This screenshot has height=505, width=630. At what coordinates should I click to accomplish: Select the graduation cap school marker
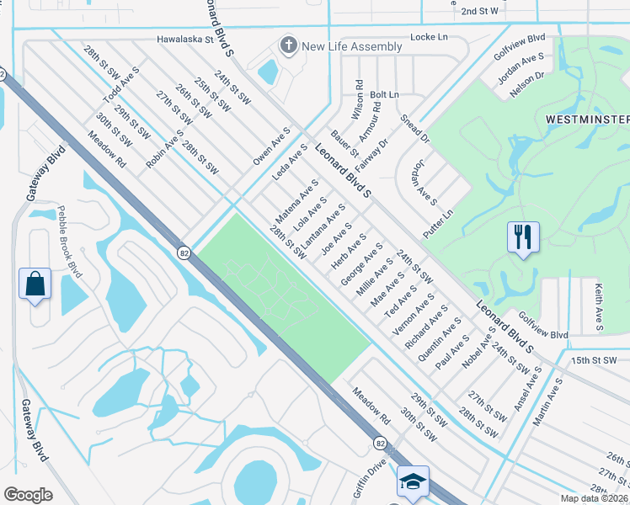[413, 481]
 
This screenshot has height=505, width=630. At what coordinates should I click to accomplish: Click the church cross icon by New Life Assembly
[289, 46]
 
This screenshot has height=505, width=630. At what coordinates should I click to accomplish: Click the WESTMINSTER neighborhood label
[587, 120]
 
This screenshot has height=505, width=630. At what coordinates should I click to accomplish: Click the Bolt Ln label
[384, 94]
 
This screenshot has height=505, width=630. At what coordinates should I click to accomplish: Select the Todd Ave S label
[115, 83]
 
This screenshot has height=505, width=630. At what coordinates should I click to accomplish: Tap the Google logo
[28, 495]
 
